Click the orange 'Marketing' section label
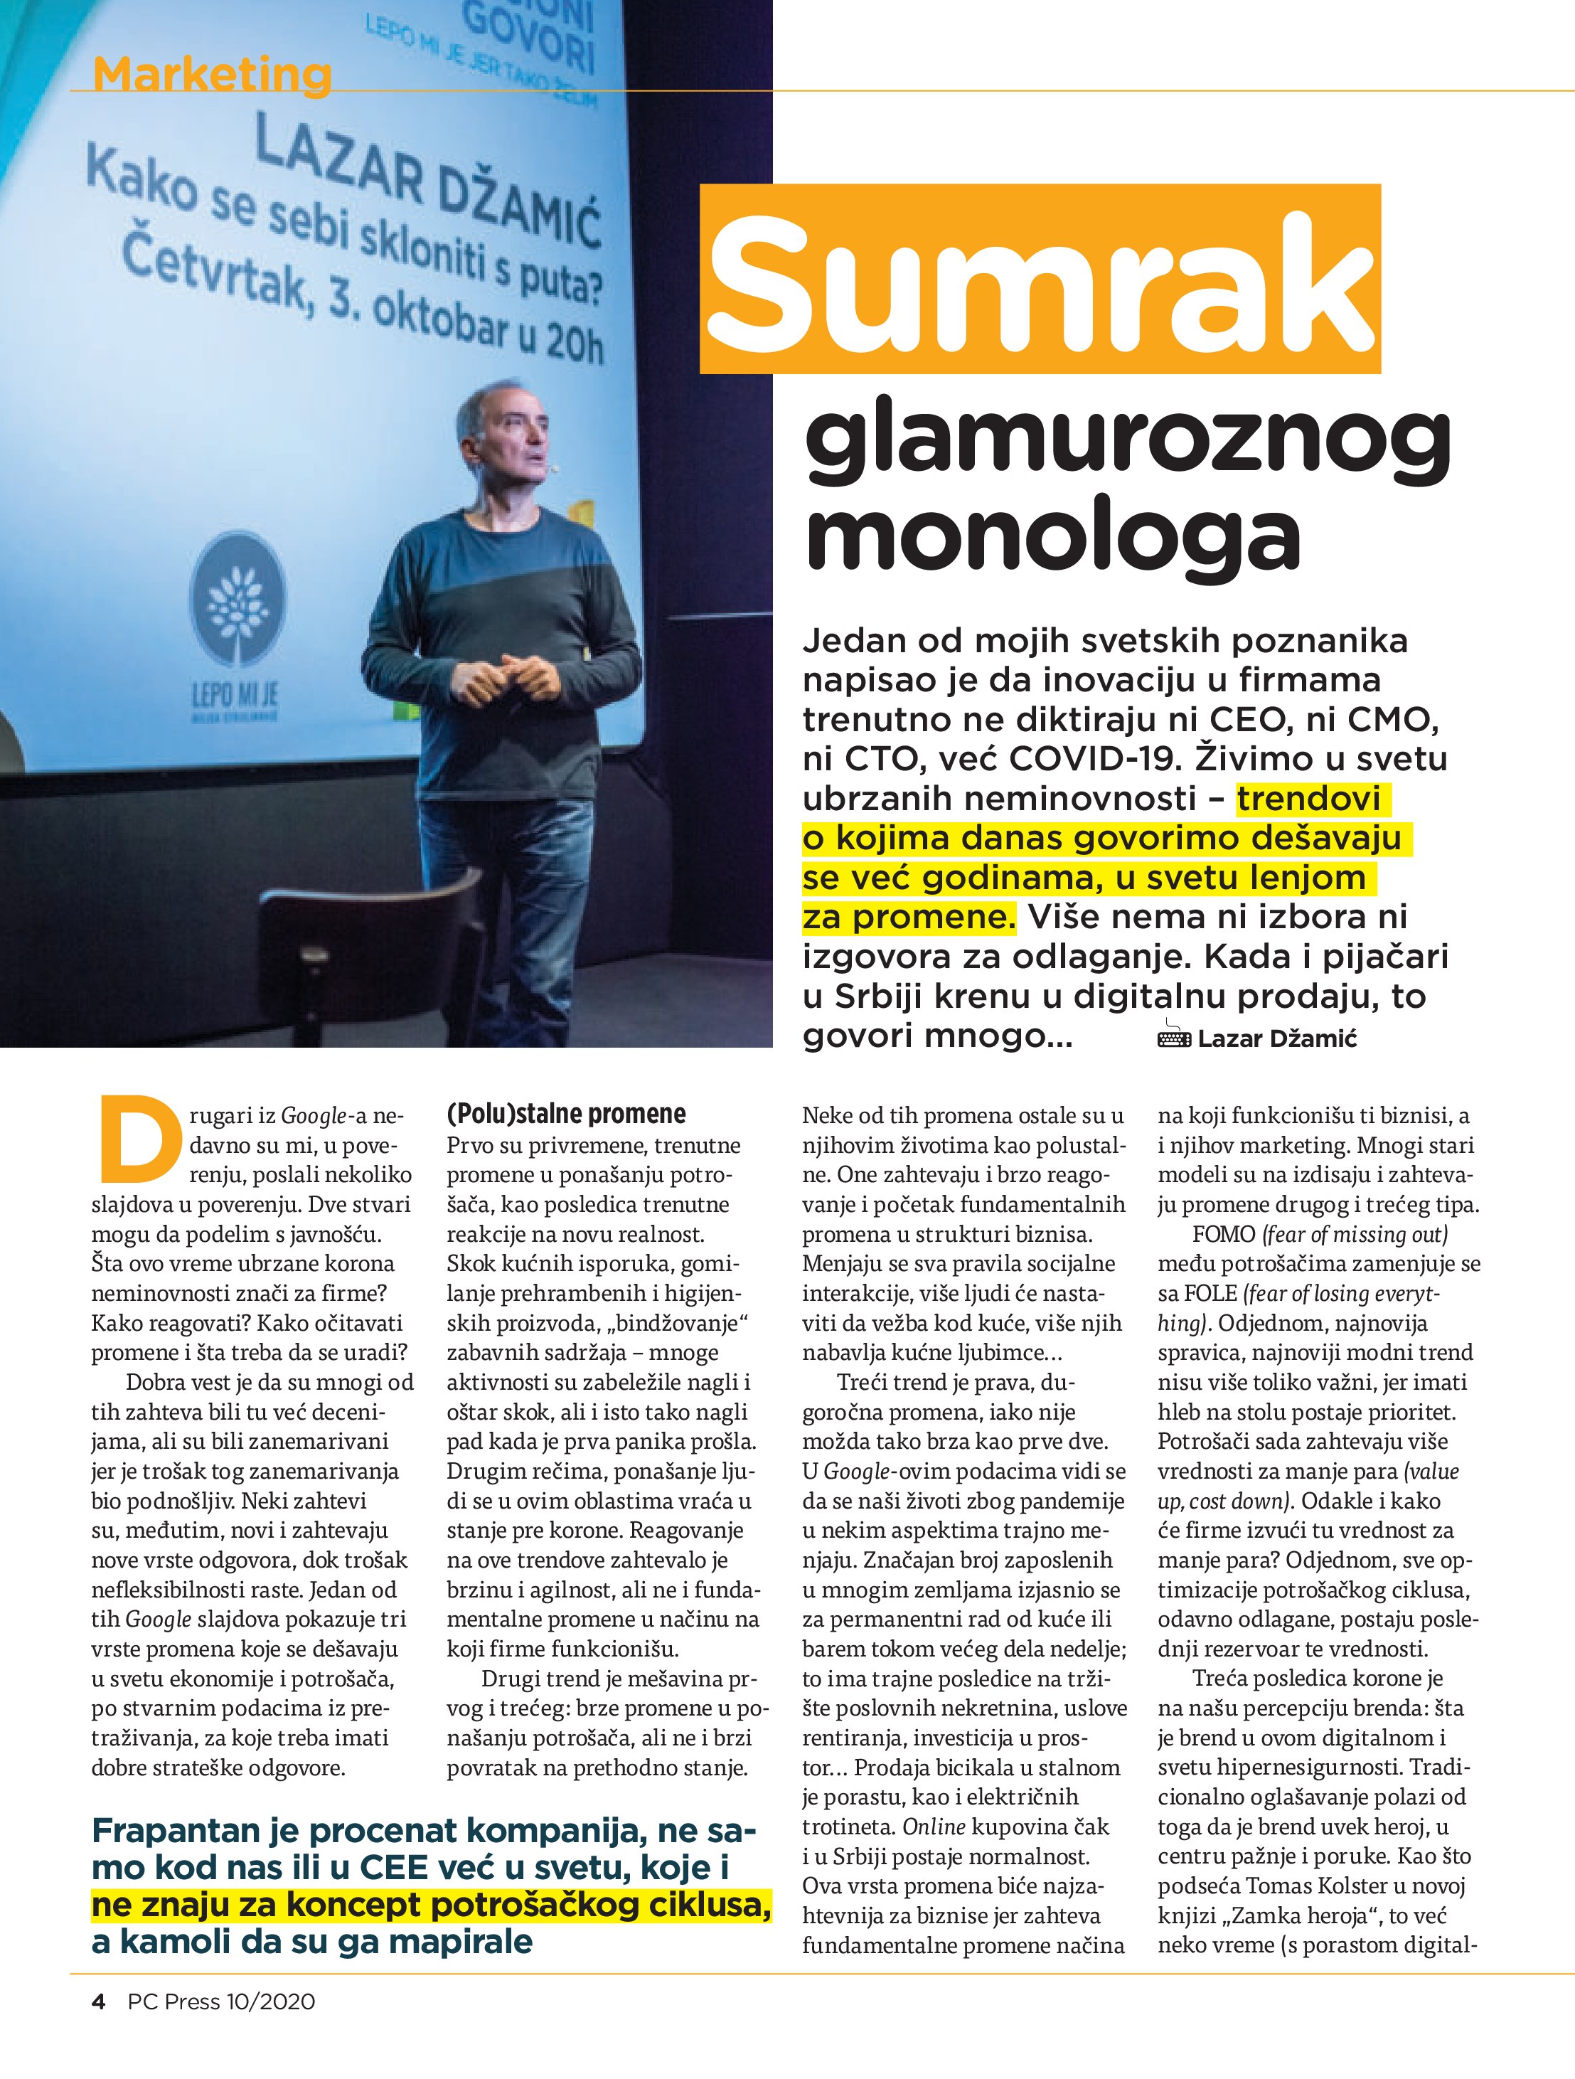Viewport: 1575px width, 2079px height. click(x=213, y=74)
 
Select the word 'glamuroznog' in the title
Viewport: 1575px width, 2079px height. click(x=1128, y=442)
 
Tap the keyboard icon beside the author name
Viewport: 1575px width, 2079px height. click(x=1175, y=1037)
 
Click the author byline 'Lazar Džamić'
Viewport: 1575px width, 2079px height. click(x=1277, y=1038)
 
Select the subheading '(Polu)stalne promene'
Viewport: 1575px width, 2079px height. click(x=566, y=1115)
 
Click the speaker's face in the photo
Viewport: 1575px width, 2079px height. click(x=512, y=439)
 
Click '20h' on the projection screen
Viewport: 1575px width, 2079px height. click(x=573, y=346)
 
